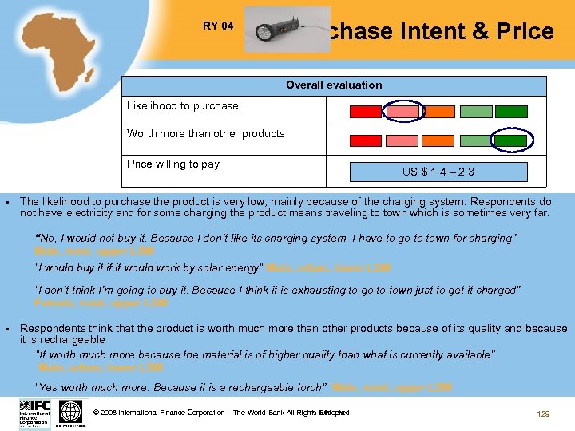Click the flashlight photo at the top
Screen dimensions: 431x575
(287, 30)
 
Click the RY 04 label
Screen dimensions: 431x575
(218, 26)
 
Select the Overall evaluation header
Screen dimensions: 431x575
(334, 85)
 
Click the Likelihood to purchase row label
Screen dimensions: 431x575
(182, 105)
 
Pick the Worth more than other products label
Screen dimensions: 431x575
(205, 133)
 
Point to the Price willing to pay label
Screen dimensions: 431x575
(172, 164)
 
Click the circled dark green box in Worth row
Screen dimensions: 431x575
(509, 140)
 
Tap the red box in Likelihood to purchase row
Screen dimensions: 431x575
(366, 112)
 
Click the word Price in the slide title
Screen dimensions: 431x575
(525, 32)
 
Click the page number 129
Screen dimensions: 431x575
(543, 413)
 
